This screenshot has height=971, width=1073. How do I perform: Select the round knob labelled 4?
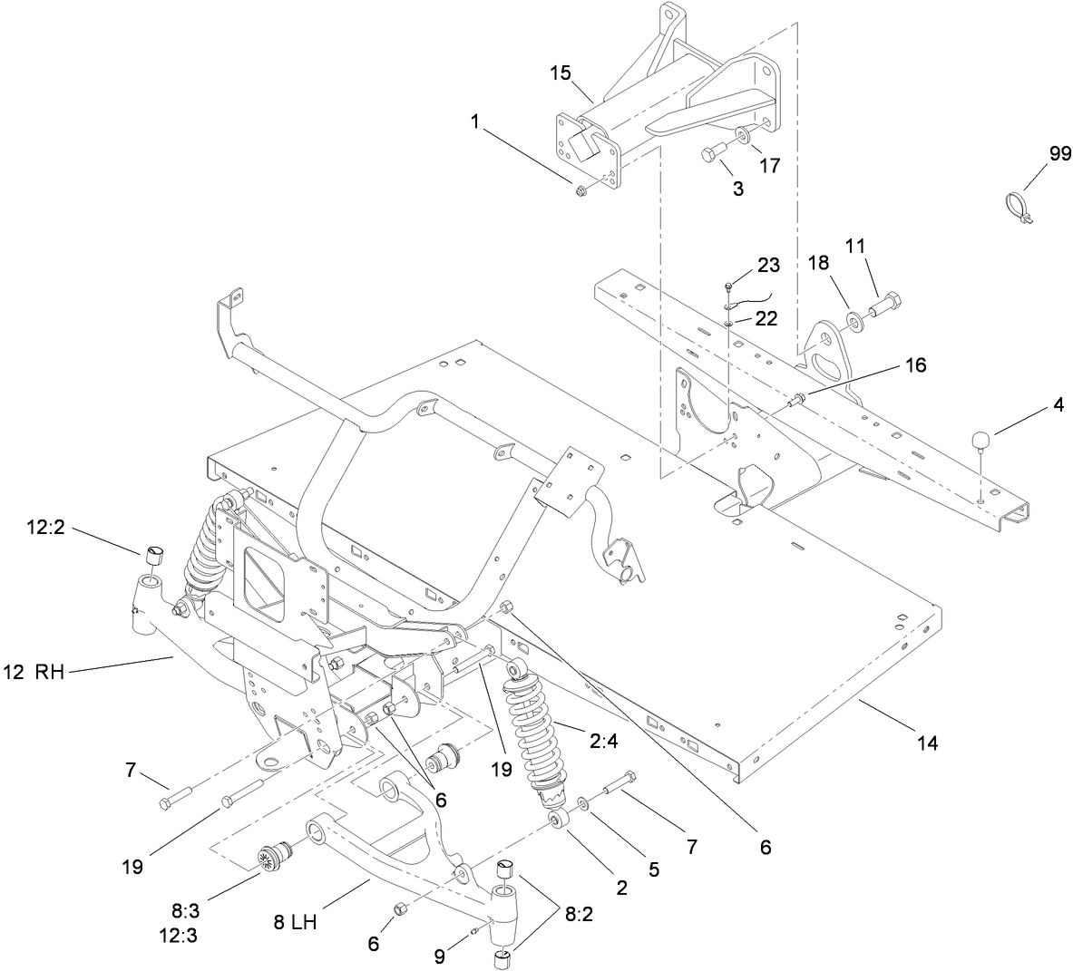pos(981,441)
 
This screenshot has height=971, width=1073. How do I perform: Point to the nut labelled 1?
pos(580,188)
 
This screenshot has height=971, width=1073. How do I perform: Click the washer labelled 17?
pos(742,136)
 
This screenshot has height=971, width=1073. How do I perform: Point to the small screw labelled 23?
pos(730,287)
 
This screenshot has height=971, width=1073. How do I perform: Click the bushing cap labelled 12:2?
pos(152,555)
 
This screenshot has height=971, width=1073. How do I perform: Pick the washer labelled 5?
pos(580,802)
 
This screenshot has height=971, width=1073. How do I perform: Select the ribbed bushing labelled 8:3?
pos(268,857)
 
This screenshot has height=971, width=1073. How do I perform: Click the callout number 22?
pos(767,320)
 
